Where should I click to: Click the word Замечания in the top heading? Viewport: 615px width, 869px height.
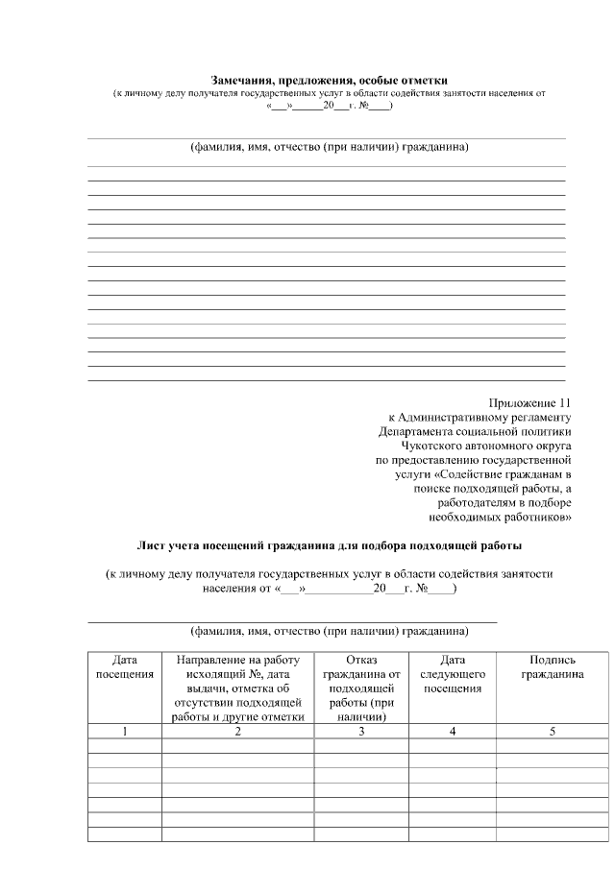242,79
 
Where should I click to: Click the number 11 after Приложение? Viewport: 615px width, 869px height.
564,402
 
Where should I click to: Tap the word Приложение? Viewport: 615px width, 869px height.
522,402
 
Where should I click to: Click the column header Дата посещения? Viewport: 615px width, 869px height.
125,666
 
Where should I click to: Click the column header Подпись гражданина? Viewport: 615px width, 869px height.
552,666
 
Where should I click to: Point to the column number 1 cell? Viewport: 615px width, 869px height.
125,732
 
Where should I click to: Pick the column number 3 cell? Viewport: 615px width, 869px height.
361,732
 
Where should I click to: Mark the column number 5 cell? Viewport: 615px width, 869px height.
552,732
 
